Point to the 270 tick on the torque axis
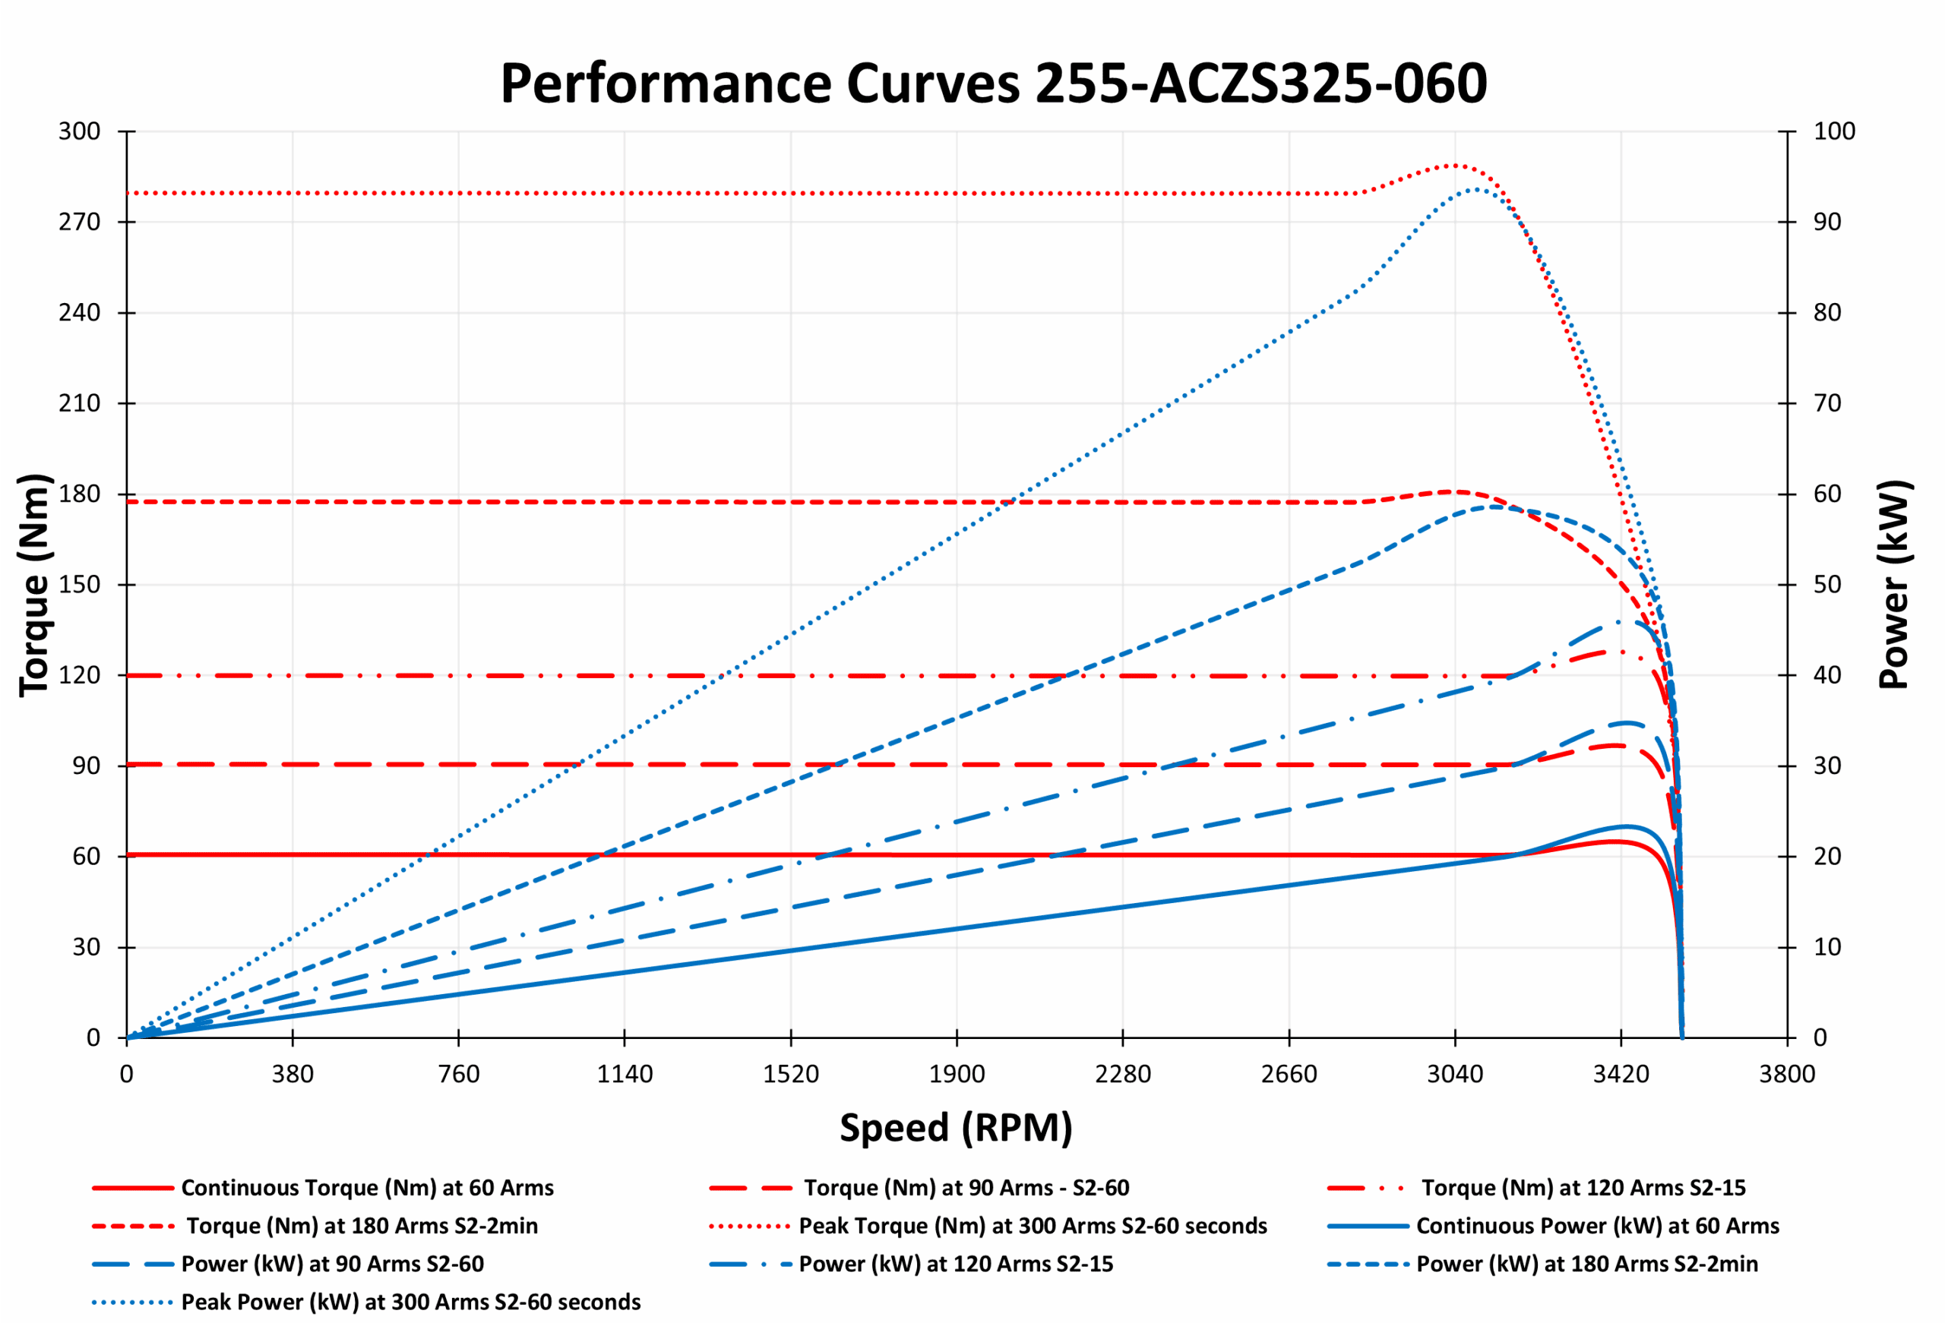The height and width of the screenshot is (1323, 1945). coord(80,222)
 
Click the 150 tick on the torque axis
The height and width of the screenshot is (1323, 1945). coord(80,584)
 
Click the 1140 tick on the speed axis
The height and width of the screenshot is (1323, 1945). coord(625,1074)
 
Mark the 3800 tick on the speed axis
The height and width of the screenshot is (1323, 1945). coord(1787,1074)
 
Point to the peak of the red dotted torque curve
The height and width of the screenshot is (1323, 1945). coord(1454,166)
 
